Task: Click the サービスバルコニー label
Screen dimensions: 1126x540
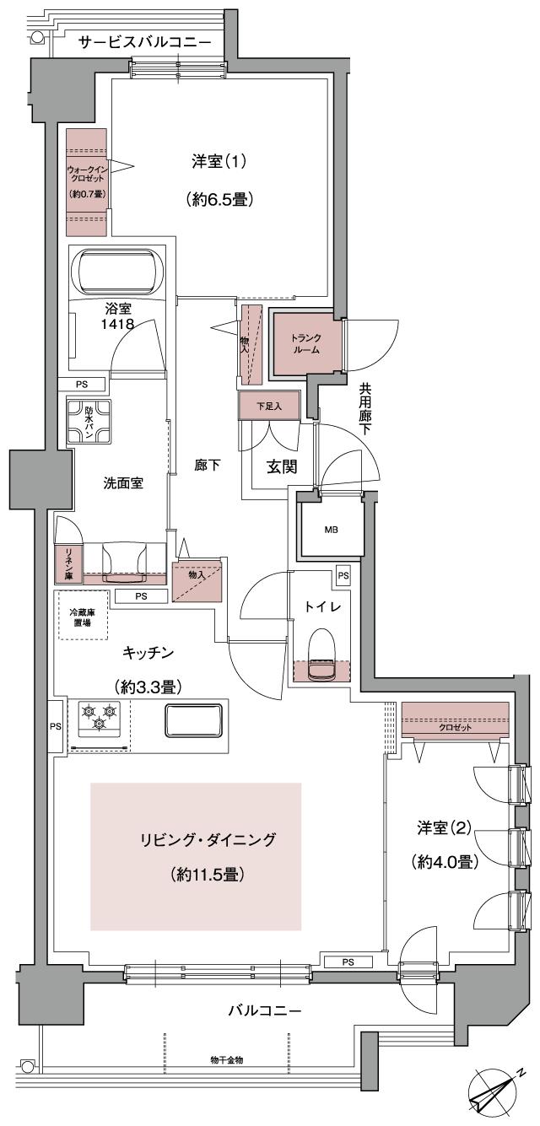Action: [x=144, y=41]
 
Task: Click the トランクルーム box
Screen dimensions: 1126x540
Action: [x=306, y=343]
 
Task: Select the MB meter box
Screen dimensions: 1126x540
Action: [x=332, y=531]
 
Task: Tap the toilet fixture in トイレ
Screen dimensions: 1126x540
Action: [x=321, y=657]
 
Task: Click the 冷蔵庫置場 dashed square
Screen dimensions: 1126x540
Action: [x=83, y=615]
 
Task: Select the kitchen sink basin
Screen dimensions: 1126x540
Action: [x=194, y=719]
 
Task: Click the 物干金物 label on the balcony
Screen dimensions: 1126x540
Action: [x=227, y=1059]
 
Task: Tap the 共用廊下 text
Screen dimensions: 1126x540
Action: [x=364, y=409]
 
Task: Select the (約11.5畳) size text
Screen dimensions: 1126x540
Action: [x=208, y=874]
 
